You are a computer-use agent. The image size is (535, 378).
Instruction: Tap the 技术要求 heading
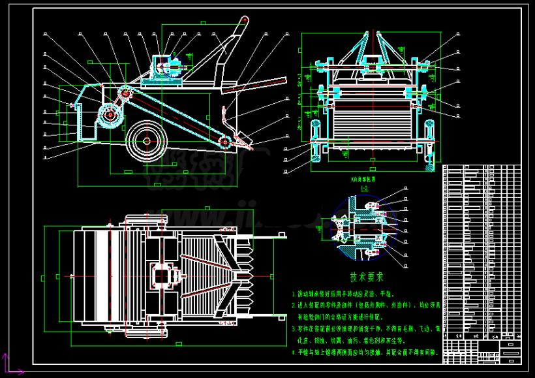point(364,276)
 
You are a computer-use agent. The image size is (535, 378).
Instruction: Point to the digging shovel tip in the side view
point(247,140)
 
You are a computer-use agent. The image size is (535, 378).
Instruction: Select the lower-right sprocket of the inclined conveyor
point(226,142)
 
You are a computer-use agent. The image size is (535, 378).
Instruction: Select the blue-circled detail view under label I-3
point(360,226)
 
